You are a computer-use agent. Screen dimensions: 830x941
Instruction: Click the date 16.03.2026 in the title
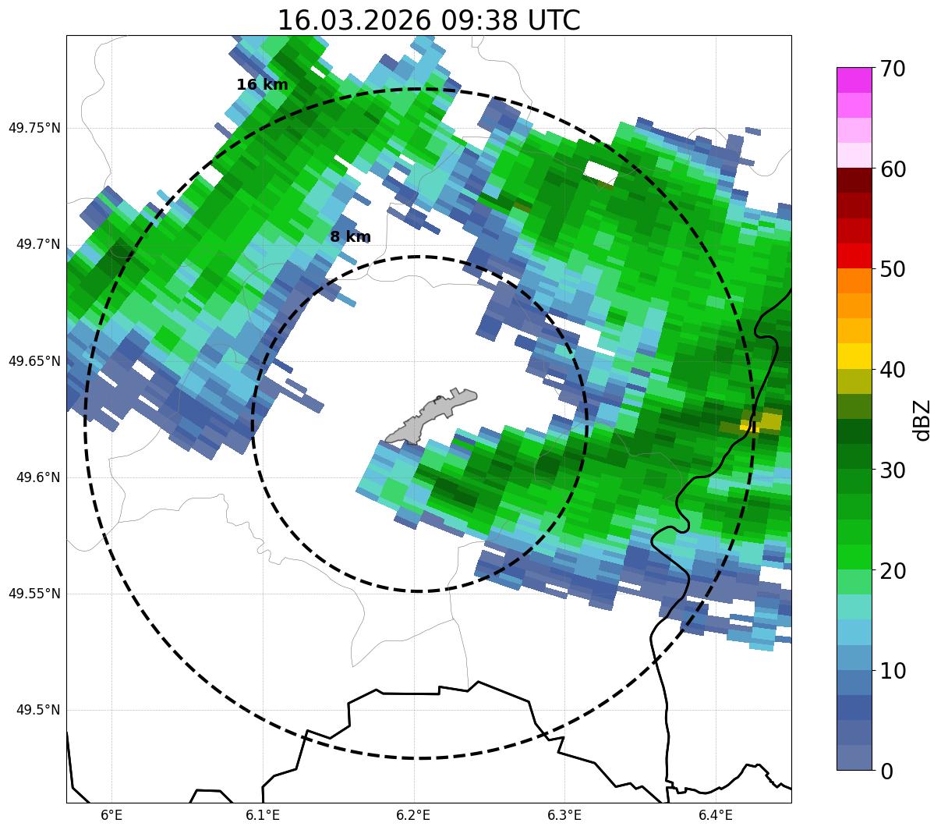pos(353,20)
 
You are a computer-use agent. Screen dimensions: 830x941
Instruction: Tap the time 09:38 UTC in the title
pos(510,20)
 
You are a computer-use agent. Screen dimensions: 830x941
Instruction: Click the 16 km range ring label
pos(262,85)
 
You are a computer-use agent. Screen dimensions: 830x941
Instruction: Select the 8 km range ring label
pos(350,237)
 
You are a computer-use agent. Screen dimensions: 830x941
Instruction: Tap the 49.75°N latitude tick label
pos(34,128)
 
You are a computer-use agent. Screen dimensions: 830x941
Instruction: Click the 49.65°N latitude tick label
pos(34,361)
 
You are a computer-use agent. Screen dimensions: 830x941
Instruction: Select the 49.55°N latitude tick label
pos(34,594)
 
